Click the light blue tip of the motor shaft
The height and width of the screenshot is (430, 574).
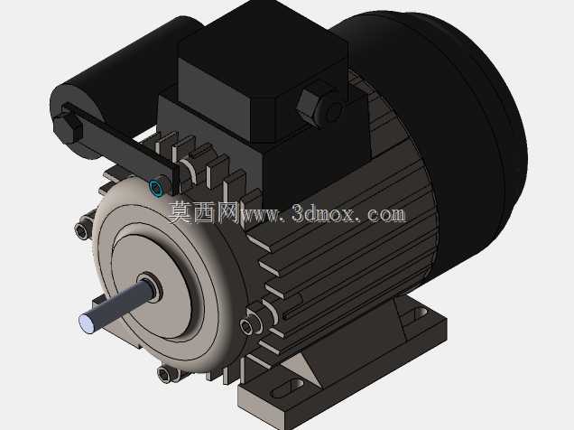tap(86, 323)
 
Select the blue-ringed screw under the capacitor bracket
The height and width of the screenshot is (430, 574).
tap(156, 188)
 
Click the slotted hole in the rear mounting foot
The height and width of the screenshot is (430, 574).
tap(419, 314)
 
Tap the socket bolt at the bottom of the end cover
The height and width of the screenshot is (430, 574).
tap(168, 374)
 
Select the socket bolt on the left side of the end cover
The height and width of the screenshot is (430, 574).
tap(83, 229)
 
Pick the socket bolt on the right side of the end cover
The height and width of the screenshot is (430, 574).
tap(250, 323)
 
